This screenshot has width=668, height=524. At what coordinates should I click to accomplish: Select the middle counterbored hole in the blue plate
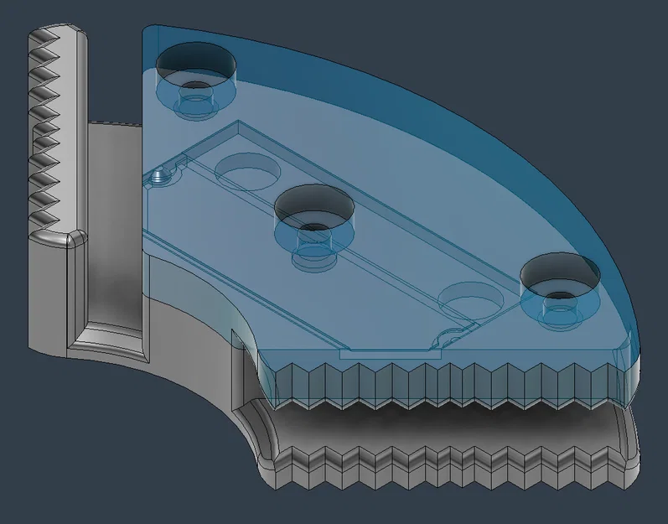click(x=313, y=208)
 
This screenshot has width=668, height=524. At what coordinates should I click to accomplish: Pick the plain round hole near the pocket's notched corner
click(x=470, y=298)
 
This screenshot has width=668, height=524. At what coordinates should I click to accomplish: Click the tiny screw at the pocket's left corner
click(x=159, y=177)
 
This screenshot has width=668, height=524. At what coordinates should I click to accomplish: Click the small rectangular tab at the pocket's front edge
click(x=390, y=355)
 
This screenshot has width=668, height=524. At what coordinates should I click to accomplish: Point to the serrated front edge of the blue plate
click(x=444, y=381)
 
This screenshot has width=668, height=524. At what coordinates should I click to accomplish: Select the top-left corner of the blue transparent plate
click(x=149, y=34)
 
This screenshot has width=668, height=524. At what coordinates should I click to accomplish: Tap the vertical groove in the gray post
click(x=105, y=277)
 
